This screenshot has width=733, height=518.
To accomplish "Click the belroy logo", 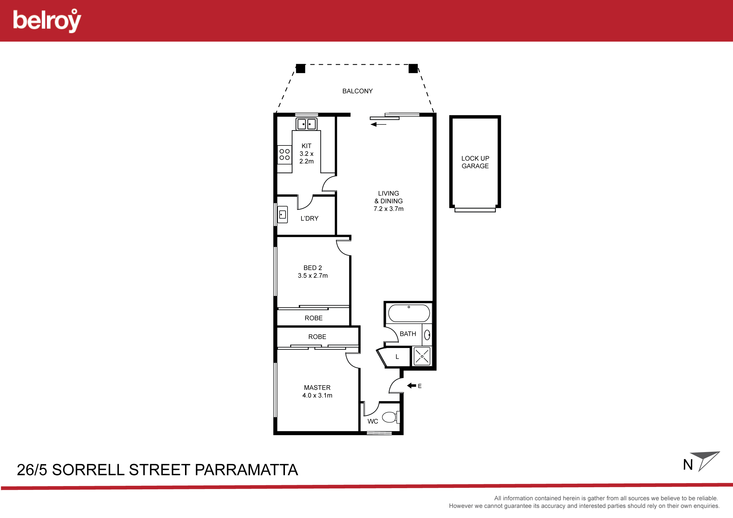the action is click(47, 20).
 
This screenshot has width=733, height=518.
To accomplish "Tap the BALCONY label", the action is click(357, 91).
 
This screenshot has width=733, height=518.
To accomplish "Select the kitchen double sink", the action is click(306, 124).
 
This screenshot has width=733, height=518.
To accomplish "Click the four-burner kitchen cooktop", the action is click(284, 155).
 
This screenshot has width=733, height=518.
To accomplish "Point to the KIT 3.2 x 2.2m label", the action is click(306, 154).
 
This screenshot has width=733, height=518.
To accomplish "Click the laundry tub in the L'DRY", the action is click(283, 214).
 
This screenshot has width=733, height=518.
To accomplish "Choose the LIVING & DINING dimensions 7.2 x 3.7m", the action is click(389, 209).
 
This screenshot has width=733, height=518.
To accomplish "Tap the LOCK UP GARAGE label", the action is click(475, 162).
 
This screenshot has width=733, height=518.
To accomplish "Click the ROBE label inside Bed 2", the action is click(314, 318).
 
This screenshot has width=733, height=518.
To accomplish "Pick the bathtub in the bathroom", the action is click(409, 313).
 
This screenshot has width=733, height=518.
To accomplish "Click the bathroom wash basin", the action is click(427, 335).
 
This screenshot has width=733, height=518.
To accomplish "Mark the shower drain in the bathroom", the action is click(422, 356).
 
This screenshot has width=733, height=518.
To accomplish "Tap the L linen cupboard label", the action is click(397, 357).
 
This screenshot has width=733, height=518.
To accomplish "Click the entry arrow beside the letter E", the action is click(411, 386).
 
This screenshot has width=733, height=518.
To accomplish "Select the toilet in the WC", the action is click(391, 417).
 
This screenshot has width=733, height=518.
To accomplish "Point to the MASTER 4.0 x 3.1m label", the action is click(317, 391).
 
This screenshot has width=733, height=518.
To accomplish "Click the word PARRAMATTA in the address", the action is click(246, 470).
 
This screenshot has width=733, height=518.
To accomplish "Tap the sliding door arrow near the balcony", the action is click(378, 124).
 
